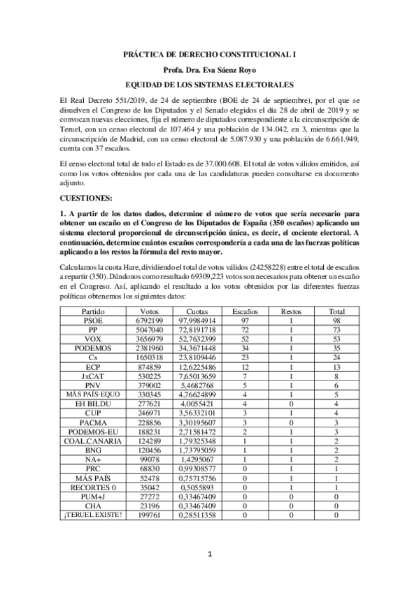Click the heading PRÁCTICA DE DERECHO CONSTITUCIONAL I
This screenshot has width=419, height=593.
209,53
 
